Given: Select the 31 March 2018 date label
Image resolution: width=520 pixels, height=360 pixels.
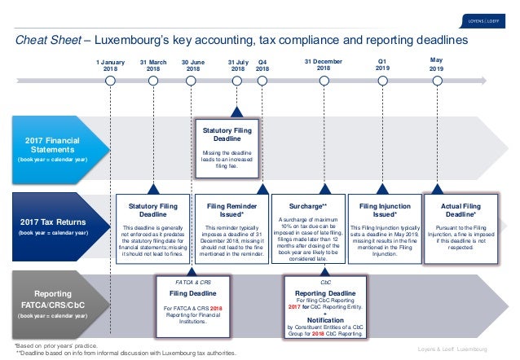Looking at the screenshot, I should pyautogui.click(x=153, y=65).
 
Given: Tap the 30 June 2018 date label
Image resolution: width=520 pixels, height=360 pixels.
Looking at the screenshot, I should pyautogui.click(x=193, y=65).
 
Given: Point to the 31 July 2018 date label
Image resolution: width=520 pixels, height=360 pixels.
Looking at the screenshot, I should pyautogui.click(x=237, y=65).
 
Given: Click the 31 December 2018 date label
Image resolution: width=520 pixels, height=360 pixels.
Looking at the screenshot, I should pyautogui.click(x=319, y=64).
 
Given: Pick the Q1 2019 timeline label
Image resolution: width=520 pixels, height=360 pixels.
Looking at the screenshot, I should pyautogui.click(x=382, y=65).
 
